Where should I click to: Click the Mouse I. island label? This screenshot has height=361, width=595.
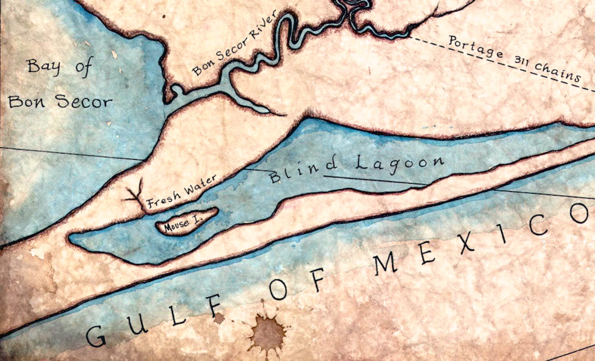[x=182, y=223]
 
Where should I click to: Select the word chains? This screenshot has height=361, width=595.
[x=557, y=72]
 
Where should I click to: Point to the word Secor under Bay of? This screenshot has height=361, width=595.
[x=84, y=101]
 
